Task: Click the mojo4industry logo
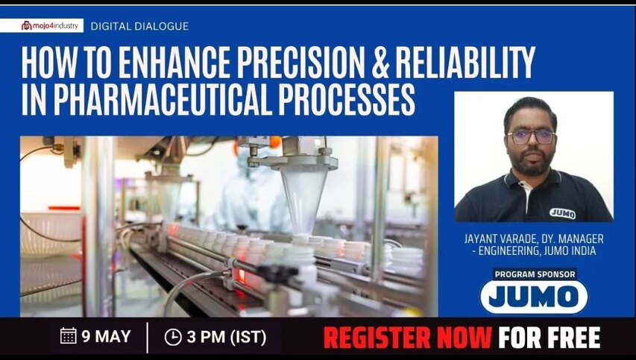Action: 51,25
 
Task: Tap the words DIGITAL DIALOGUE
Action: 139,26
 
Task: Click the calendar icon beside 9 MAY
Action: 68,336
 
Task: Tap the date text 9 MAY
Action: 106,336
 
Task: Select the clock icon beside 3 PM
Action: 172,337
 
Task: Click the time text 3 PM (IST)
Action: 227,337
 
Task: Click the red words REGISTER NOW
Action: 406,338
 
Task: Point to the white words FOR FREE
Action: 550,338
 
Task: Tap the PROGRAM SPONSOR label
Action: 535,274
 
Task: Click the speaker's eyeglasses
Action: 530,136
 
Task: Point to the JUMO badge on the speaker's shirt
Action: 562,213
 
